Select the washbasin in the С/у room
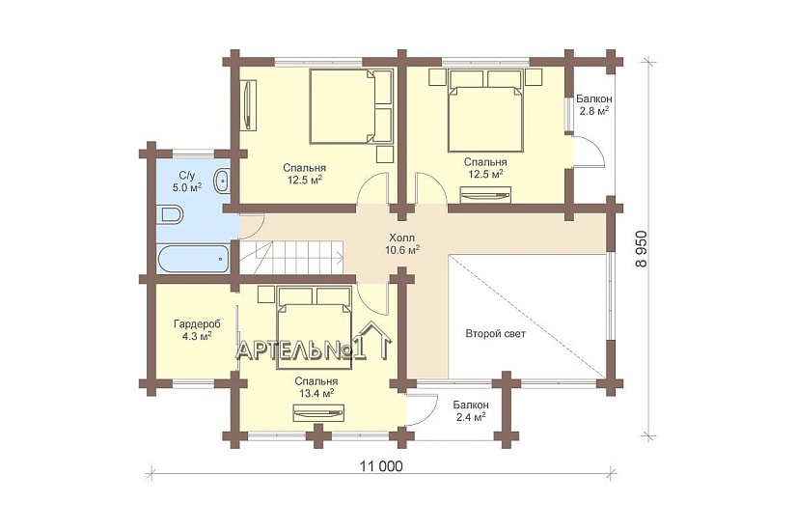tap(222, 181)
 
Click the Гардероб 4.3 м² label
tap(198, 329)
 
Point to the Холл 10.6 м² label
tap(402, 243)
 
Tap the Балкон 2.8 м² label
tap(594, 104)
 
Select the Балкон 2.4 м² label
tap(471, 410)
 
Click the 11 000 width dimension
tap(381, 465)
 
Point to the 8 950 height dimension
tap(642, 249)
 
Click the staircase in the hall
tap(291, 257)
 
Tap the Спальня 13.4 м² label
tap(316, 387)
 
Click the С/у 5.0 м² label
tap(187, 182)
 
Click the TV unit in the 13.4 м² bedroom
tap(318, 412)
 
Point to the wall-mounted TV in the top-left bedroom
tap(247, 104)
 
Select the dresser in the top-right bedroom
tap(484, 195)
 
